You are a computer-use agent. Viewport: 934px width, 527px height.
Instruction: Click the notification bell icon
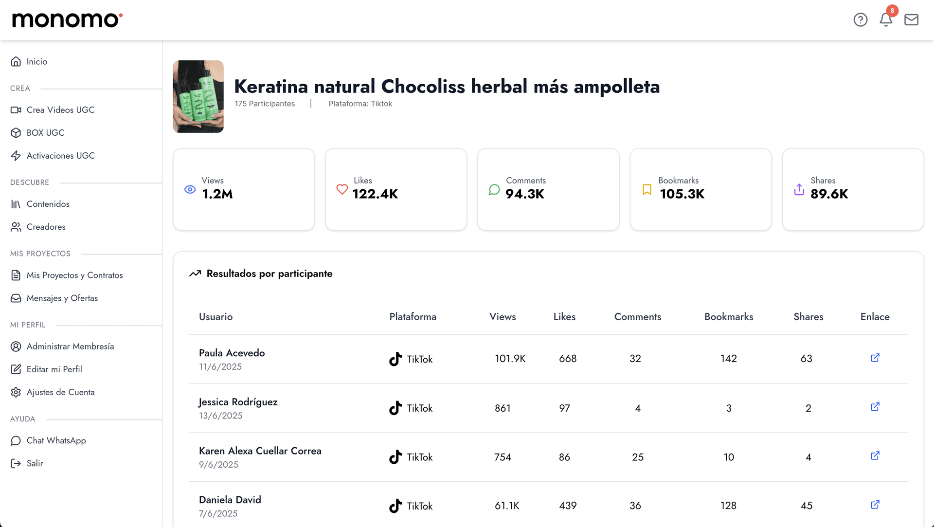pyautogui.click(x=886, y=19)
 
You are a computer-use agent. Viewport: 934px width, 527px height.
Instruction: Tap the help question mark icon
pyautogui.click(x=860, y=19)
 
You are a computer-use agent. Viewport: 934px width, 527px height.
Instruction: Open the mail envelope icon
pyautogui.click(x=911, y=19)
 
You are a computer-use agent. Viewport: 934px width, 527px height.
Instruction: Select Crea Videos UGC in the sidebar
pyautogui.click(x=60, y=110)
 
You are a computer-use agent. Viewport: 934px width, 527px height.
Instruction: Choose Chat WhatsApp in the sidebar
pyautogui.click(x=56, y=440)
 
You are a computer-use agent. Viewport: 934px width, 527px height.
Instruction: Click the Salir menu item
pyautogui.click(x=35, y=463)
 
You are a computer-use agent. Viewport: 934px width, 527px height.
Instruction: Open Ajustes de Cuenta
pyautogui.click(x=60, y=392)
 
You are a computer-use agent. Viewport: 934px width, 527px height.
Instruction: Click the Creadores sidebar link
pyautogui.click(x=46, y=227)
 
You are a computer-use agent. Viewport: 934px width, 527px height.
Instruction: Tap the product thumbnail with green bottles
pyautogui.click(x=198, y=96)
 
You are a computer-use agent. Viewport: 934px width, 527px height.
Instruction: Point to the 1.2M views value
pyautogui.click(x=217, y=194)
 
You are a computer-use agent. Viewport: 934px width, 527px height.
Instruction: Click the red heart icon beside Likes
pyautogui.click(x=342, y=189)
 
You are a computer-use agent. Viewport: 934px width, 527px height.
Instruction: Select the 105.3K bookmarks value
pyautogui.click(x=682, y=194)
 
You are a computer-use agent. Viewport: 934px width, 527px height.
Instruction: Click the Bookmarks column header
pyautogui.click(x=728, y=317)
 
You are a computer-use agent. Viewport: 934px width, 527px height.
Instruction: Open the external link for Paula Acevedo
pyautogui.click(x=875, y=358)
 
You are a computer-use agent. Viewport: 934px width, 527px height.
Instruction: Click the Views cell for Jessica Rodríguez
pyautogui.click(x=503, y=408)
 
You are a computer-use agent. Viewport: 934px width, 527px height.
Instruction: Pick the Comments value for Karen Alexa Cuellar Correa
pyautogui.click(x=637, y=457)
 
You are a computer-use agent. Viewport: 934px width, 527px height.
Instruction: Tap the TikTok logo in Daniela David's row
pyautogui.click(x=395, y=506)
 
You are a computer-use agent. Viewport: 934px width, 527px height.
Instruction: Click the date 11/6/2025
pyautogui.click(x=220, y=367)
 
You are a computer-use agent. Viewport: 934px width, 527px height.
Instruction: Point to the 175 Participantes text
pyautogui.click(x=265, y=104)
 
